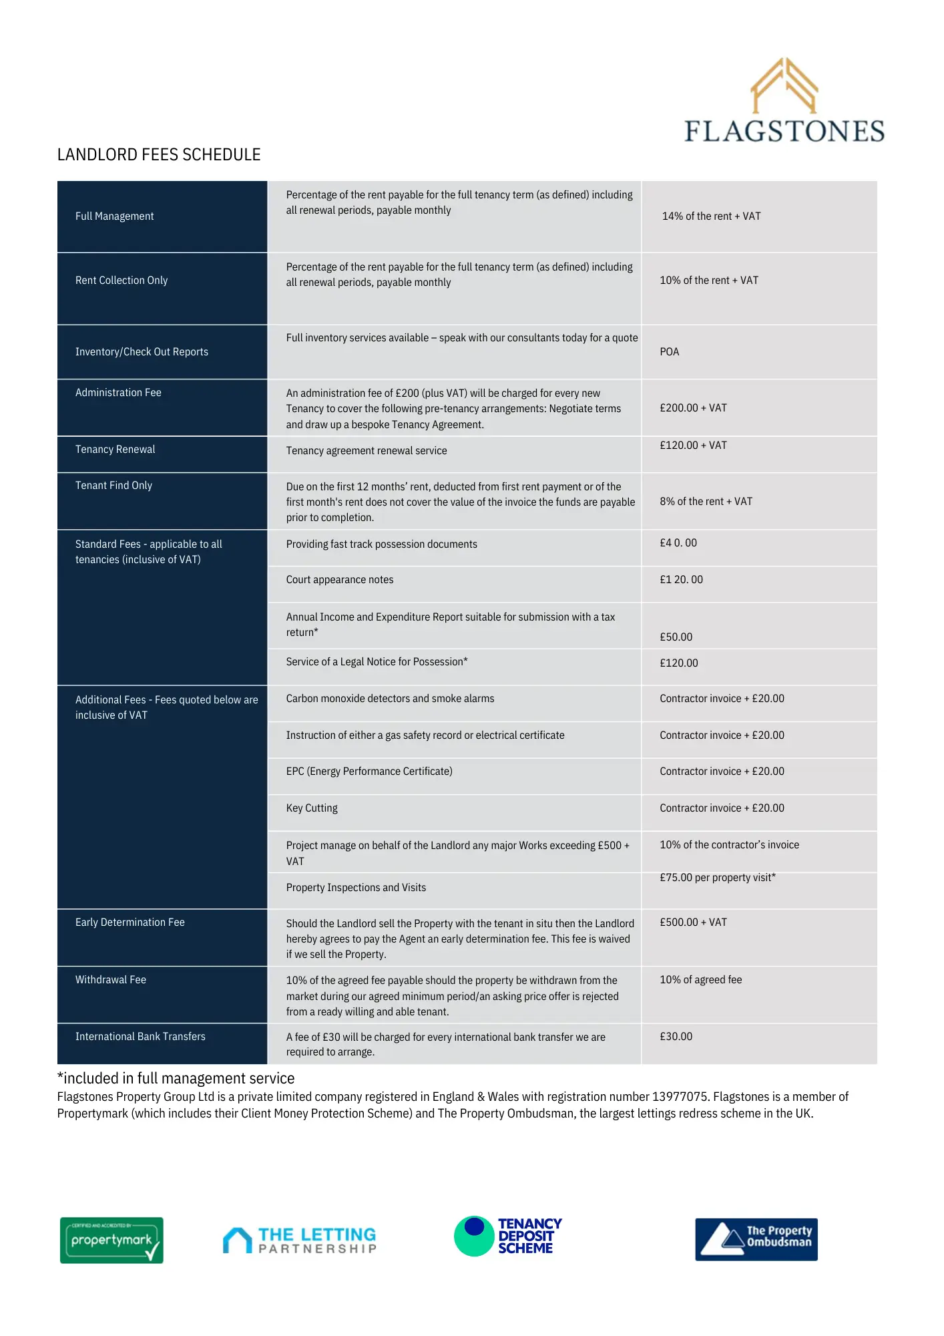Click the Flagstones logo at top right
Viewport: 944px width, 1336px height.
click(784, 101)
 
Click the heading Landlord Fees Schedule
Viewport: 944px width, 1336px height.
click(159, 155)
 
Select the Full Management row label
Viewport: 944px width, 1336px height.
click(114, 216)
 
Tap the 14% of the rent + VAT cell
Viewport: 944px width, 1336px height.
click(711, 216)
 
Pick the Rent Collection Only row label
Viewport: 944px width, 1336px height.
click(122, 281)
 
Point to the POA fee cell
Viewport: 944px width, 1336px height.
click(669, 352)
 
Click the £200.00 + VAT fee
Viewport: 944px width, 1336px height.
click(693, 408)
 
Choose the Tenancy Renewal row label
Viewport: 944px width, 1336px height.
click(115, 450)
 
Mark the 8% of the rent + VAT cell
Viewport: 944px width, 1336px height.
click(706, 502)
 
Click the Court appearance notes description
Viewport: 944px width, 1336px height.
click(340, 580)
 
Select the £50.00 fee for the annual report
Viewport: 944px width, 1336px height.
click(676, 637)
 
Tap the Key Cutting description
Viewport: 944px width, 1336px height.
click(312, 808)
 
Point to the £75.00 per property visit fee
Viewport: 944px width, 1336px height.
click(718, 878)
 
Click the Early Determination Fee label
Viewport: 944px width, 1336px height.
click(130, 923)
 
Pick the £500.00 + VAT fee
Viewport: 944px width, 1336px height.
click(693, 923)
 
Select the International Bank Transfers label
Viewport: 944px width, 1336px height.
click(140, 1037)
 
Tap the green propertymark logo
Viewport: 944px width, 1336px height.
click(111, 1240)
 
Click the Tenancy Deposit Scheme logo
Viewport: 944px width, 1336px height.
click(508, 1236)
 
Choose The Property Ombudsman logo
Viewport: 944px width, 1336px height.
click(756, 1239)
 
